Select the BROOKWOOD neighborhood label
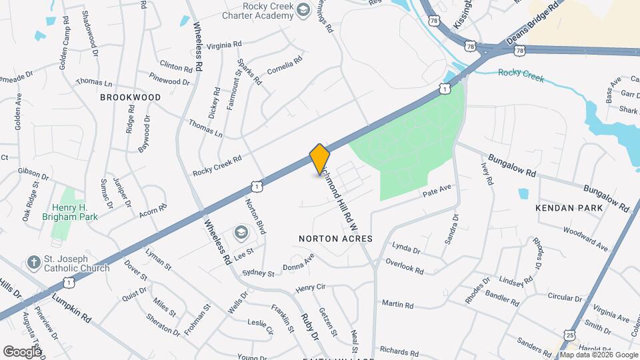click(x=131, y=97)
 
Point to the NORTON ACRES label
click(x=335, y=238)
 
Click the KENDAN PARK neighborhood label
click(x=569, y=208)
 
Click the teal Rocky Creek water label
click(x=521, y=75)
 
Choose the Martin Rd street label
click(x=398, y=305)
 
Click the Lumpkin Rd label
click(x=67, y=304)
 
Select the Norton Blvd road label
click(x=255, y=216)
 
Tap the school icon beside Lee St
click(x=240, y=233)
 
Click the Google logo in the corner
click(x=22, y=351)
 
